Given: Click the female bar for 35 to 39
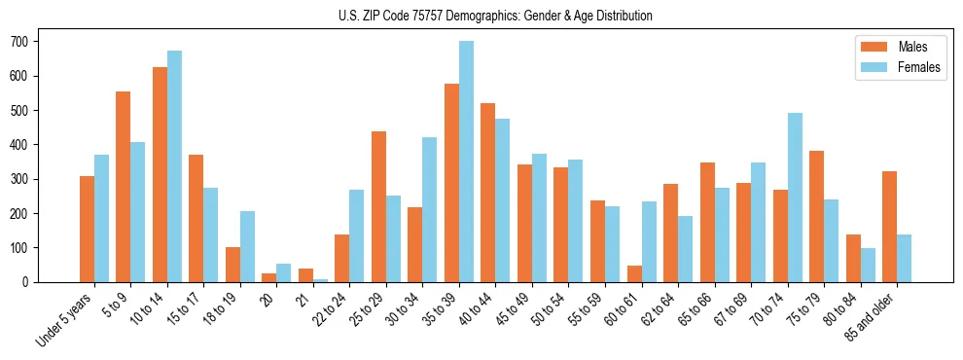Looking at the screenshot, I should [466, 162].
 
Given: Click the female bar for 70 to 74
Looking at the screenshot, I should [795, 198].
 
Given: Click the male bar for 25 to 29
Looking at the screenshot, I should [378, 206].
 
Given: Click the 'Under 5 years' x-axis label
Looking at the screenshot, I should [66, 319].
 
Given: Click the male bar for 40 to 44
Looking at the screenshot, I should [488, 193].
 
